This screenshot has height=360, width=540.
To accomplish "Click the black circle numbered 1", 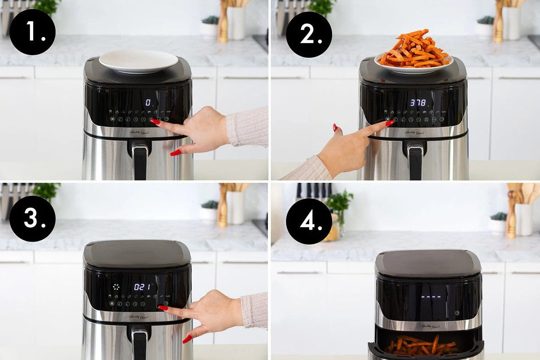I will [x=32, y=32].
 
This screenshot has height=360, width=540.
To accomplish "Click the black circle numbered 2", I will [x=309, y=34].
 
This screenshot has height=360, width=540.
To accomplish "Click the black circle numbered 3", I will [x=32, y=218].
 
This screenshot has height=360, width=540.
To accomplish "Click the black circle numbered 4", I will [x=309, y=221].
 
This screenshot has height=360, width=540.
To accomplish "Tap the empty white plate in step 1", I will [x=138, y=61].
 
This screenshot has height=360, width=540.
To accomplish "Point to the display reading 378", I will [x=417, y=102].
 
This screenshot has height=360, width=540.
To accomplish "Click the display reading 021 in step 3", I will [x=142, y=287].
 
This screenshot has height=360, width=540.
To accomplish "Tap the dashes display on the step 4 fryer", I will [x=431, y=297].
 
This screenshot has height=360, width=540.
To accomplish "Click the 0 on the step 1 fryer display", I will [x=148, y=102].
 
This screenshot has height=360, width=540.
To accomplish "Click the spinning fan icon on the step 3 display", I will [x=116, y=287].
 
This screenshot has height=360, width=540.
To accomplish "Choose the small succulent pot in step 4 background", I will [x=498, y=222].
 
